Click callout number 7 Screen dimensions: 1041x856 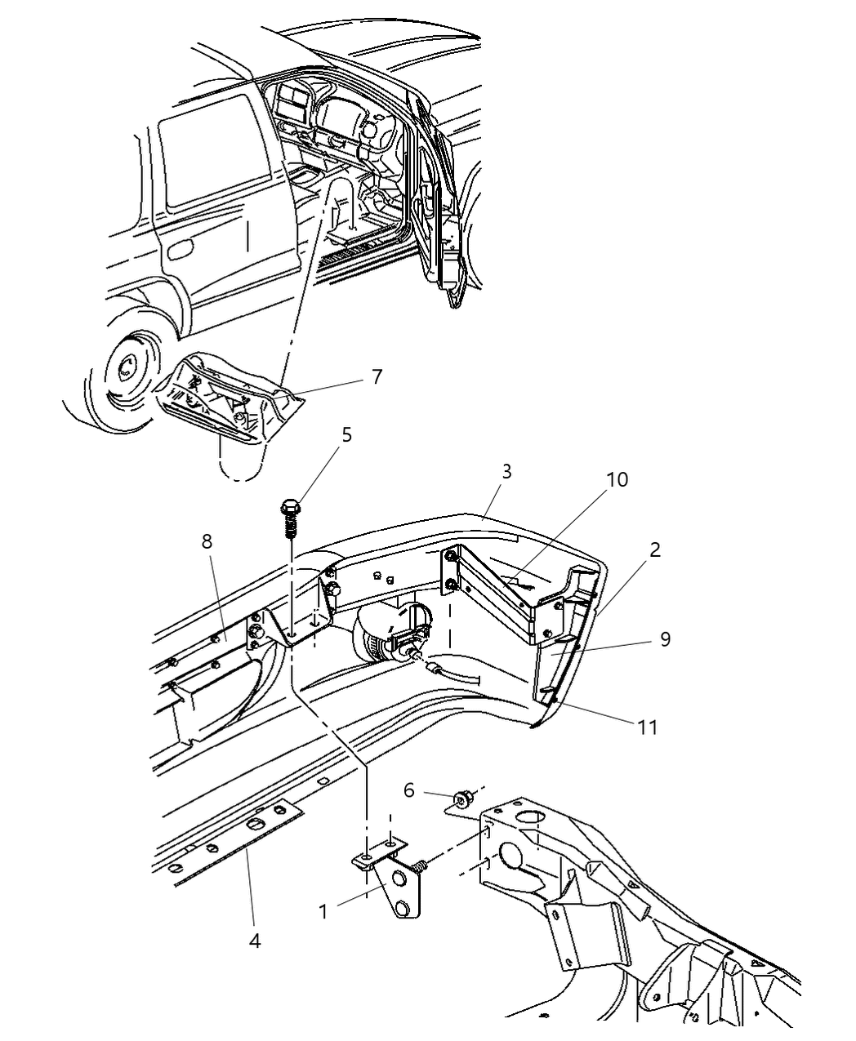point(376,377)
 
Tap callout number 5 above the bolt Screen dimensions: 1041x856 point(346,434)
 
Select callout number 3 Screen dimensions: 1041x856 point(506,472)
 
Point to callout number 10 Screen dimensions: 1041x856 point(617,479)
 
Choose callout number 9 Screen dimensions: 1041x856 point(665,639)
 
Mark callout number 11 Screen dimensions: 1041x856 point(648,726)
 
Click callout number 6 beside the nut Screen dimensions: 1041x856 point(409,790)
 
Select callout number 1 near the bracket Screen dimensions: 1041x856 point(323,911)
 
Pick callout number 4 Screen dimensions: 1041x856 point(255,941)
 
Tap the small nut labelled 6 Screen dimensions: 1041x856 point(462,798)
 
